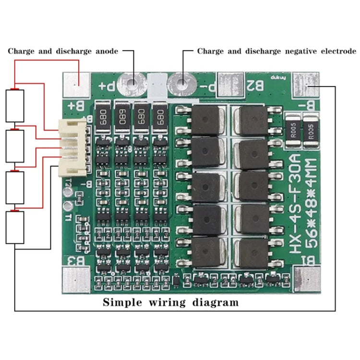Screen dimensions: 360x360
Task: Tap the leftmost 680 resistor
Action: coord(102,117)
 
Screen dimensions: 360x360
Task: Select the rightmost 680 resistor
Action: coord(159,117)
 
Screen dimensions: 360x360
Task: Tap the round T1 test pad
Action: coord(69,207)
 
